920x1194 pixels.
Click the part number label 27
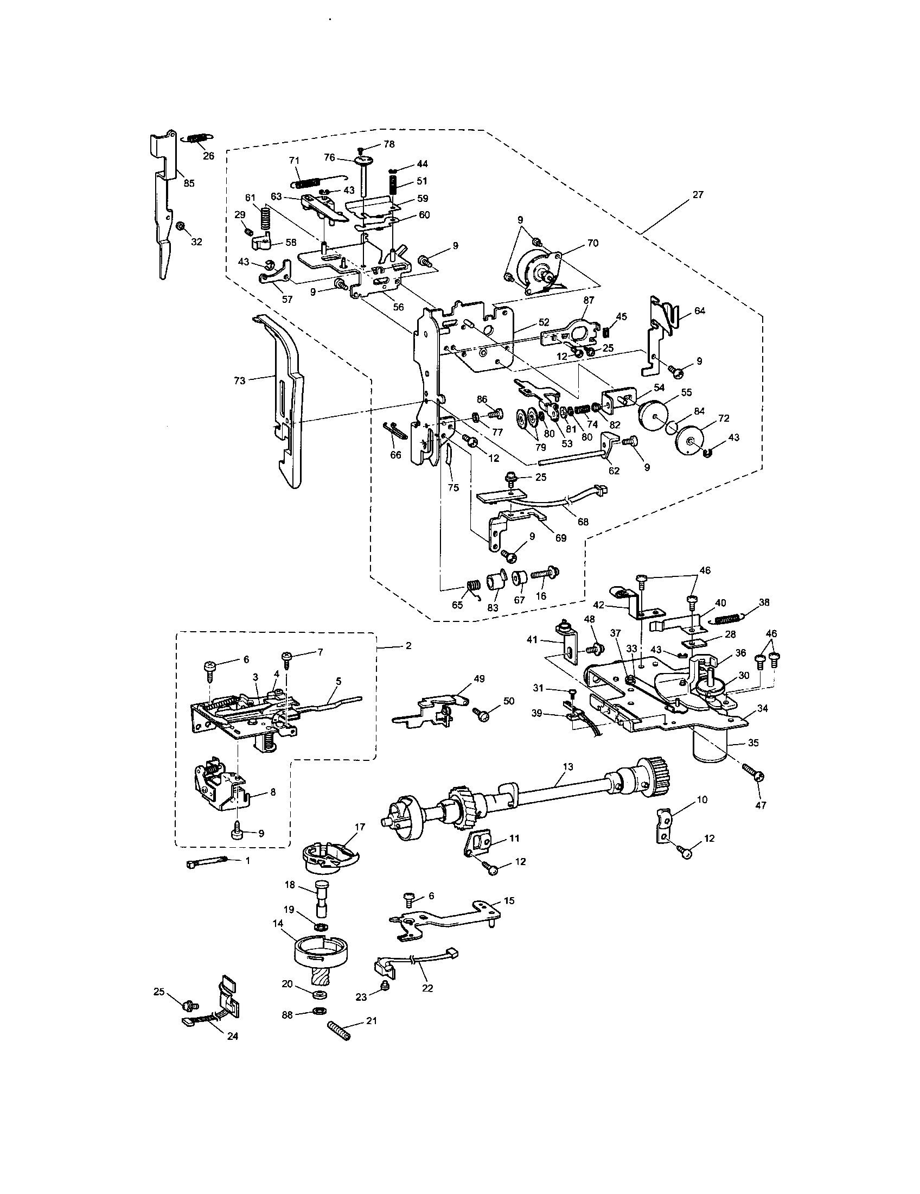coord(698,195)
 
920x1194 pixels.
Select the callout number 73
coord(240,381)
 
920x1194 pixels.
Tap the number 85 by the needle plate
coord(188,183)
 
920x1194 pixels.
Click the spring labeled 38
coord(730,619)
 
